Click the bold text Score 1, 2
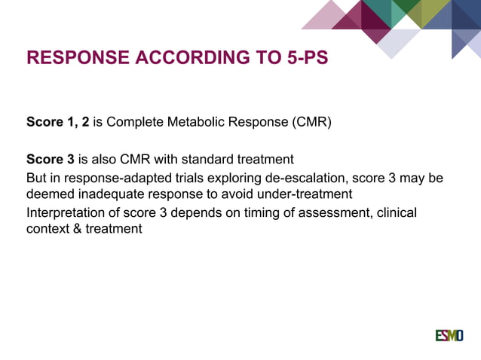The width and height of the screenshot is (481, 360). [58, 121]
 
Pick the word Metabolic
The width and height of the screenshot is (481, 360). [201, 121]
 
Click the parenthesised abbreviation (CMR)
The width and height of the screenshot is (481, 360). [310, 121]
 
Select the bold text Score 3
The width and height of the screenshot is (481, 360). [51, 160]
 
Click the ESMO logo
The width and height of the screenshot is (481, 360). [449, 335]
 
